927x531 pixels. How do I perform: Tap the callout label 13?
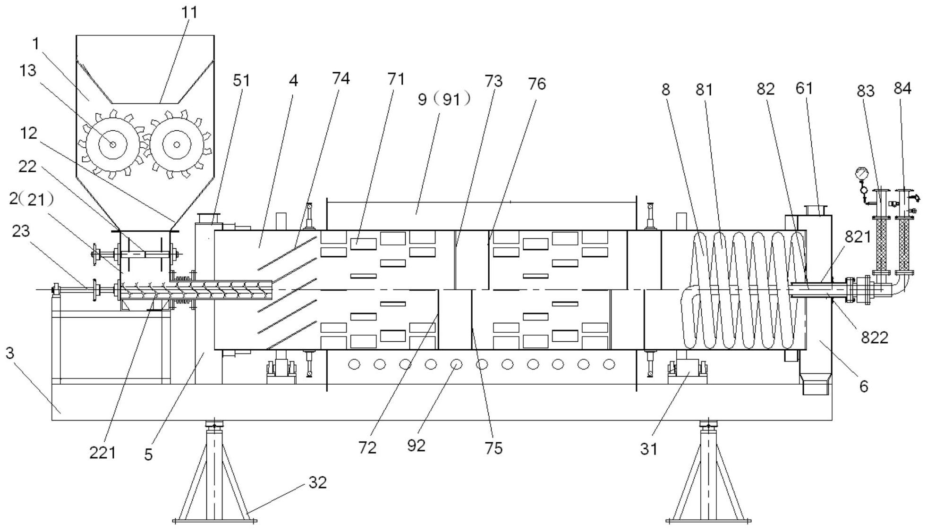(28, 70)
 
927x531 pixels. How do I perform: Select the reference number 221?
(102, 453)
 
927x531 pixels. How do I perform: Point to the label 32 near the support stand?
(318, 482)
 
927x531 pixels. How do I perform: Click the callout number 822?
(875, 337)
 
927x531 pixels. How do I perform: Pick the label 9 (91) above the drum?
(444, 99)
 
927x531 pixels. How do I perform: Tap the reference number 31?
(649, 449)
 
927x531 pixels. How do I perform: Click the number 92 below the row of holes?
(416, 445)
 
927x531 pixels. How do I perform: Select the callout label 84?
(902, 88)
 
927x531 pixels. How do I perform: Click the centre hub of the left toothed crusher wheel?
(112, 144)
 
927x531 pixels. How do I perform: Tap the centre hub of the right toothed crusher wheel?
(177, 144)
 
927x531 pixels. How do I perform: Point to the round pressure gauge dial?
(862, 174)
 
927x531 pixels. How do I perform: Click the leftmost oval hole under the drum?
(354, 364)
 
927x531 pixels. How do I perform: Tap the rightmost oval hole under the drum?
(609, 364)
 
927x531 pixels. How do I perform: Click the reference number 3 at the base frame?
(10, 353)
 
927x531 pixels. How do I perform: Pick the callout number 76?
(537, 84)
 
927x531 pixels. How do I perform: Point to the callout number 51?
(241, 80)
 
